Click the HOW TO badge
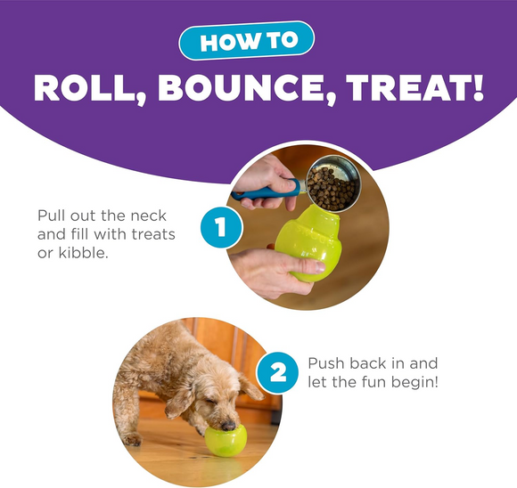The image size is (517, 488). pyautogui.click(x=258, y=43)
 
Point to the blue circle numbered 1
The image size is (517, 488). pyautogui.click(x=216, y=228)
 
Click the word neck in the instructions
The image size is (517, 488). pyautogui.click(x=145, y=216)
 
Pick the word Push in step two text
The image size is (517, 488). pyautogui.click(x=327, y=364)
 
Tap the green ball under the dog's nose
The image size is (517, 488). pyautogui.click(x=226, y=440)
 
